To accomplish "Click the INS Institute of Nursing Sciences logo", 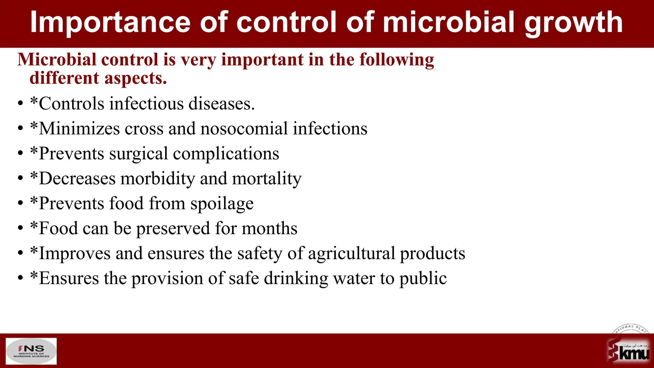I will pos(31,351).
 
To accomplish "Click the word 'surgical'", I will pos(139,154).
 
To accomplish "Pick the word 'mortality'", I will pos(267,178).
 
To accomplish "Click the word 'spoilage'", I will pos(222,204).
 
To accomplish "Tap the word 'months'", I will pos(270,228).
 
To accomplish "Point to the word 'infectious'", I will pos(146,103).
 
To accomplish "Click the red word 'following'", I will pos(397,60).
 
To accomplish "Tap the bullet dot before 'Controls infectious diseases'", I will pos(21,104).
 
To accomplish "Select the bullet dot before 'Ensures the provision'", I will pos(21,278).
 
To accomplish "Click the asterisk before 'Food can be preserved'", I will pos(34,225).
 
